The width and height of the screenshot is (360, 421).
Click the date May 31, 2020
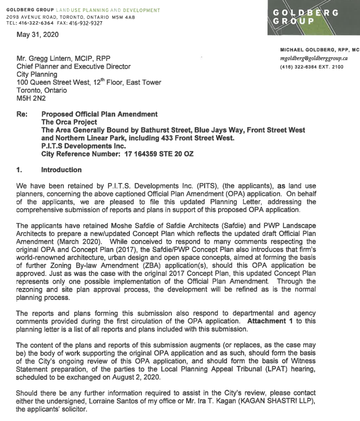click(38, 34)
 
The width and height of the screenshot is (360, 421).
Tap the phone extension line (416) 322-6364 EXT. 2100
click(312, 67)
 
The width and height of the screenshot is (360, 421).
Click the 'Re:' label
click(22, 114)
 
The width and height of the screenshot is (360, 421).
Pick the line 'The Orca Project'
click(66, 122)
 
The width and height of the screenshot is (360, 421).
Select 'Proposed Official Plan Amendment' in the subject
click(99, 114)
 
